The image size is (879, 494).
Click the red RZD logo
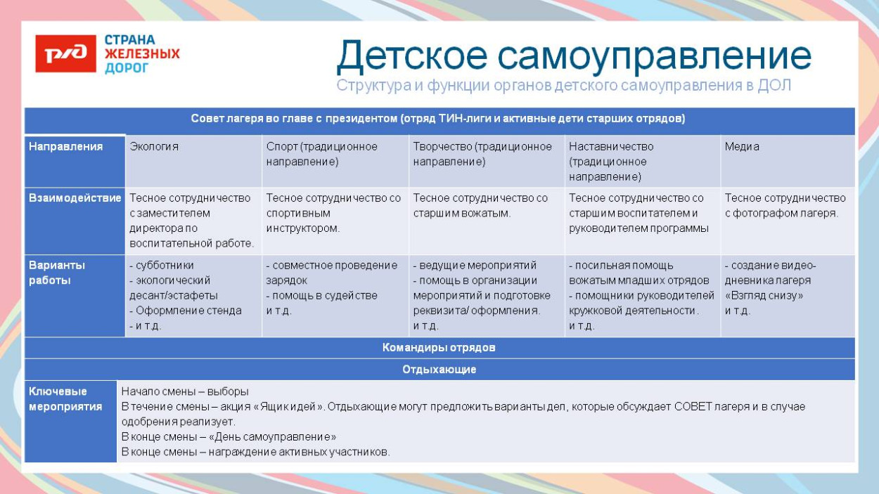(65, 54)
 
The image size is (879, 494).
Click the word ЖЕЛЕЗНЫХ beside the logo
(142, 54)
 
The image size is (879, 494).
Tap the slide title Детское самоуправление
(573, 56)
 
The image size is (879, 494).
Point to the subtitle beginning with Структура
(563, 86)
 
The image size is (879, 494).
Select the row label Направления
(65, 147)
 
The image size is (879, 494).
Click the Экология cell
(154, 147)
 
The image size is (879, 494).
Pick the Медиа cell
(741, 147)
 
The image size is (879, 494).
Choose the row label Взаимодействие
(75, 198)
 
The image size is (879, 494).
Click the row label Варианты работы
(57, 273)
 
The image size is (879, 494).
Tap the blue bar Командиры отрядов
(439, 348)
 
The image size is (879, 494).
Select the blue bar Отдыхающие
(439, 370)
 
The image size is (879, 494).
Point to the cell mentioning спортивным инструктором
(333, 214)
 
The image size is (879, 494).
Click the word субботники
(164, 266)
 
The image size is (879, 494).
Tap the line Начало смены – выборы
(185, 391)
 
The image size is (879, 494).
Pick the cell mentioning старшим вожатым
(480, 206)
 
